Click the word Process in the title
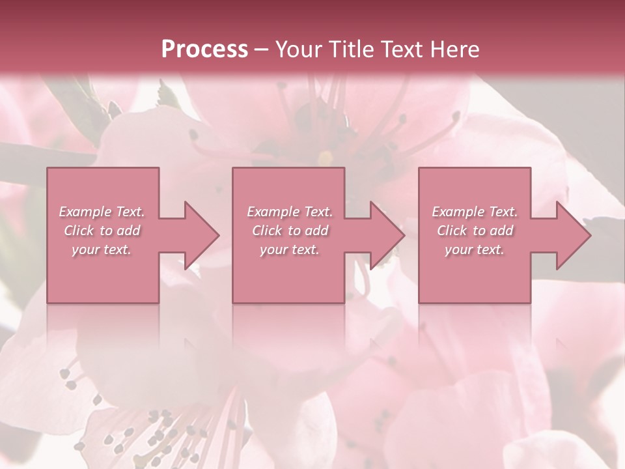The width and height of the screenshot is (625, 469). click(x=204, y=50)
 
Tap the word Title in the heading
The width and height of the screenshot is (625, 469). click(x=348, y=50)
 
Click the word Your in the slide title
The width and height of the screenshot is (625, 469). click(x=298, y=50)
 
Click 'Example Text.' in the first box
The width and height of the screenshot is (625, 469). click(x=102, y=212)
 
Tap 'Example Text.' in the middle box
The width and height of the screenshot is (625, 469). click(x=289, y=212)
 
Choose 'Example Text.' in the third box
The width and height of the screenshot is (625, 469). click(x=475, y=212)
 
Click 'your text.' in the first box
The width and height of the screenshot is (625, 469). click(x=102, y=249)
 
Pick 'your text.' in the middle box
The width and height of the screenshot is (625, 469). click(x=289, y=249)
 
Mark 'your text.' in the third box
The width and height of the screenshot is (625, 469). click(x=475, y=249)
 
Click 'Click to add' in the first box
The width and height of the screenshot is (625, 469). click(x=102, y=231)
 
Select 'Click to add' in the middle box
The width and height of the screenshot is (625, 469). click(x=289, y=231)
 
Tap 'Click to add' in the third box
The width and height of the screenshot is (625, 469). click(x=475, y=231)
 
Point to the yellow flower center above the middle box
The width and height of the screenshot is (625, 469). click(x=326, y=157)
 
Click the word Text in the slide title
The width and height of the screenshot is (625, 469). click(x=398, y=50)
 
